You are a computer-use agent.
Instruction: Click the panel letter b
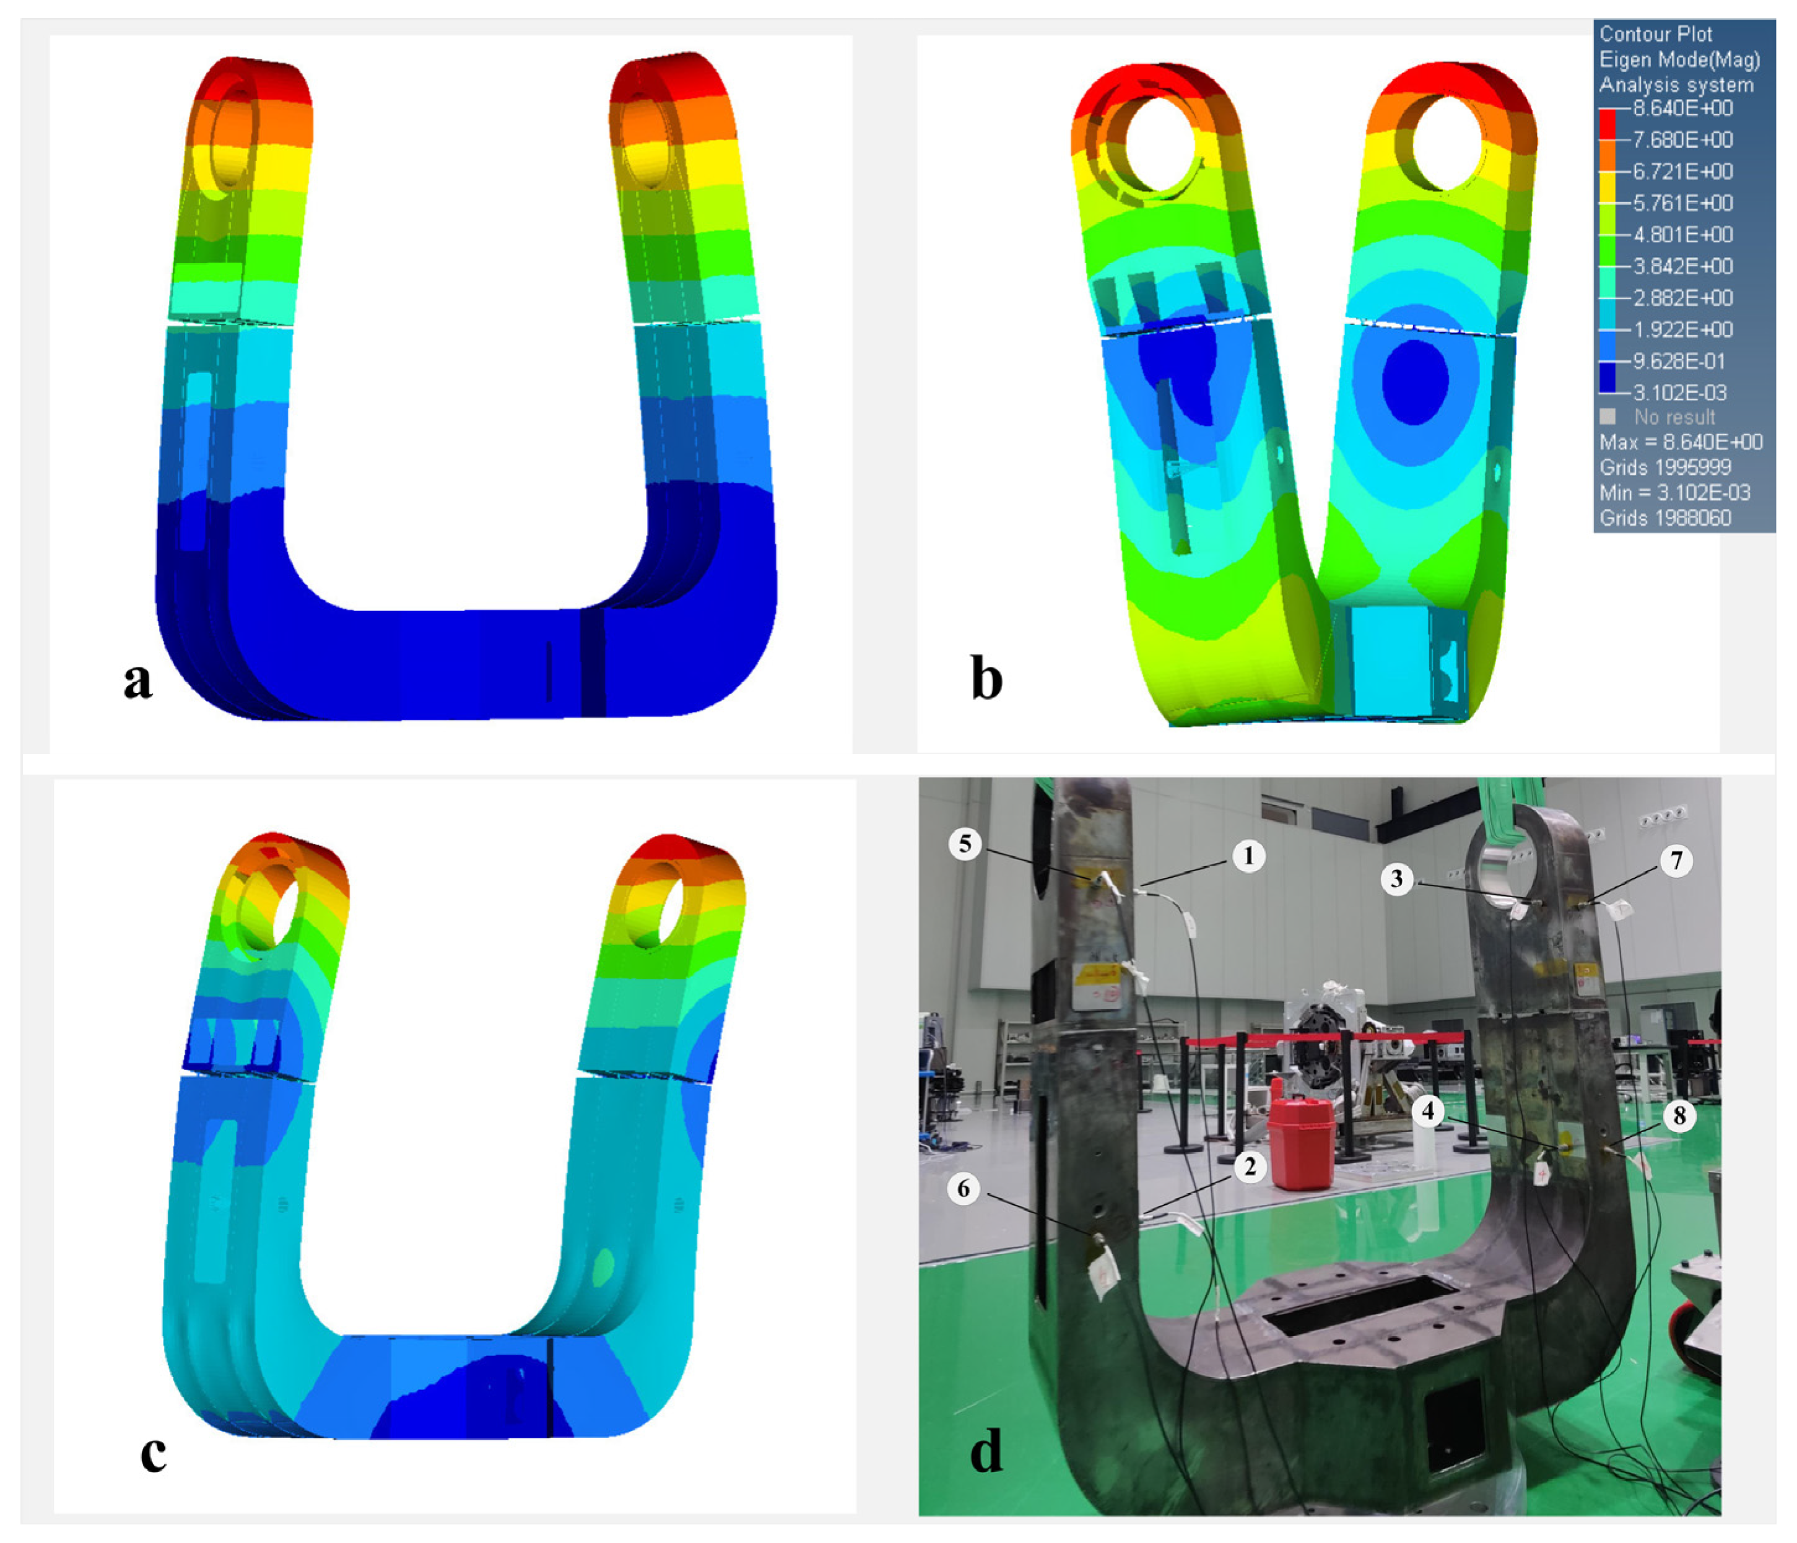[x=986, y=677]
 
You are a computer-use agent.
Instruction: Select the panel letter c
[x=153, y=1454]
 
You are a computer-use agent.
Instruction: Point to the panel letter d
[x=986, y=1450]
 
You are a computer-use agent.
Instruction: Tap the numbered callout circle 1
[x=1249, y=857]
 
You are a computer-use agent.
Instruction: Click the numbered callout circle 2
[x=1250, y=1167]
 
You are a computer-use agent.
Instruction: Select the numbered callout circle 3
[x=1396, y=879]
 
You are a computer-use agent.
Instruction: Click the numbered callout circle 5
[x=965, y=844]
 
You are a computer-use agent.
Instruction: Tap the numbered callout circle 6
[x=964, y=1188]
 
